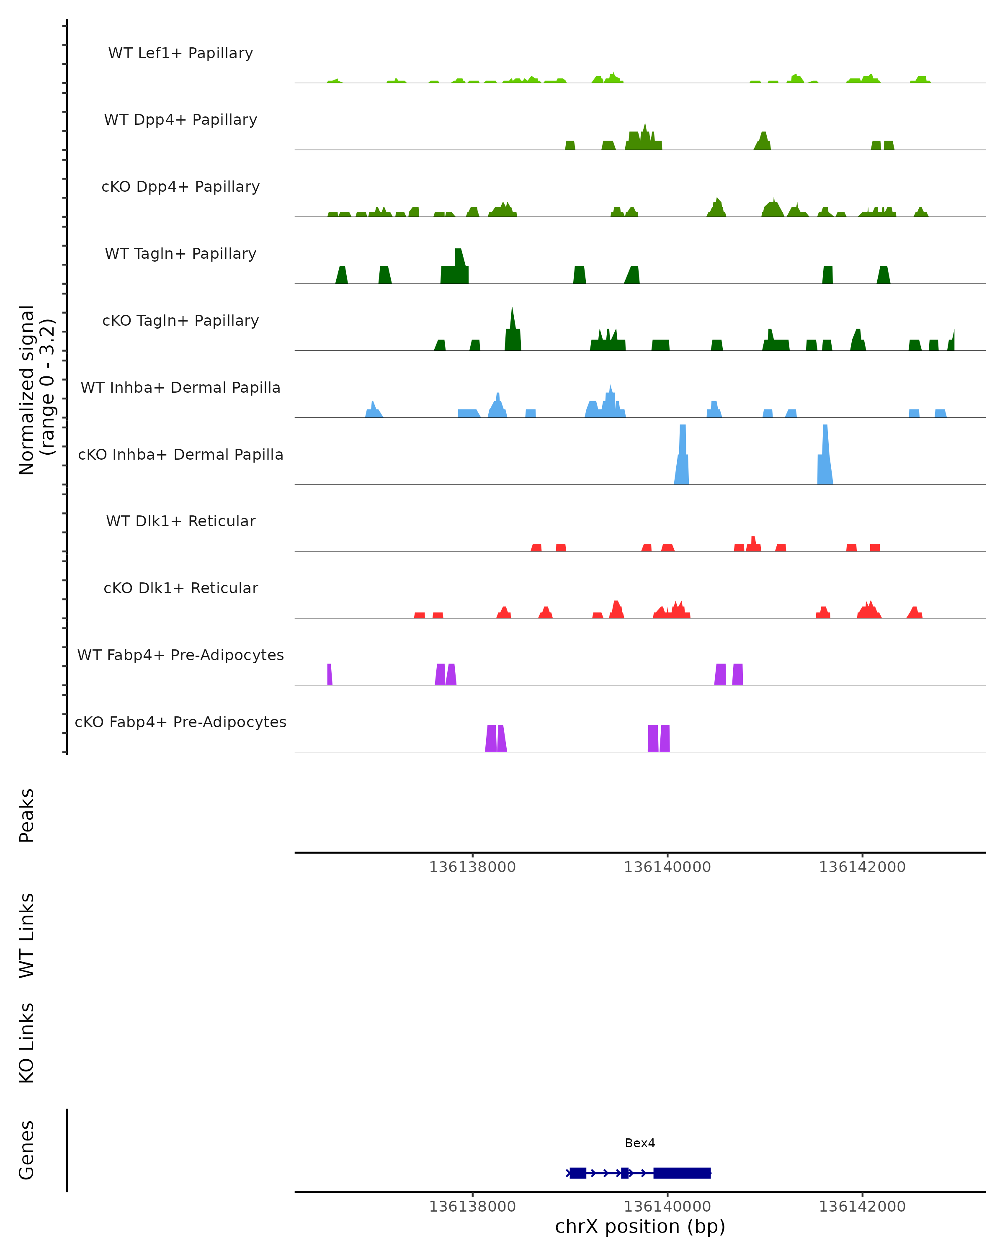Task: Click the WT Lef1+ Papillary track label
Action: (x=180, y=53)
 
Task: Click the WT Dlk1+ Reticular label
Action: (x=180, y=521)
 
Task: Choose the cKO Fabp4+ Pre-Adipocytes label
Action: (x=180, y=722)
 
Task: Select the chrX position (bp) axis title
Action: (x=640, y=1226)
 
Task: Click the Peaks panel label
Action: (x=27, y=815)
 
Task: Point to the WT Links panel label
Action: (x=27, y=935)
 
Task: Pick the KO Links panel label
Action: (x=27, y=1043)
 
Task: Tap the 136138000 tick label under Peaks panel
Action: (x=472, y=867)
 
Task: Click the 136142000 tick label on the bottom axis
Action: (x=862, y=1207)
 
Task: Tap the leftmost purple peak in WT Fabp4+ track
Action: (x=329, y=674)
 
